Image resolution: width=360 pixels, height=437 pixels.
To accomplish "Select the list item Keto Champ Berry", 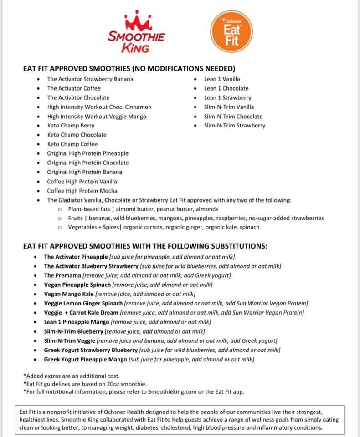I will coord(71,126).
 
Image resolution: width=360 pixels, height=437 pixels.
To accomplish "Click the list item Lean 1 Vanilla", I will coord(222,79).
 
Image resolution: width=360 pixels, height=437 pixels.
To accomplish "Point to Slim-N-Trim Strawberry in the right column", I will coord(234,126).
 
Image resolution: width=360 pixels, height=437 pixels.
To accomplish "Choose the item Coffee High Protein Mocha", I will coord(82,191).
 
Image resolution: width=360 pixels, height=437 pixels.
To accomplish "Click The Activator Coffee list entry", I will coord(74,88).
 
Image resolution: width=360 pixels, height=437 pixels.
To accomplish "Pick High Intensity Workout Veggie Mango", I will coord(97,117).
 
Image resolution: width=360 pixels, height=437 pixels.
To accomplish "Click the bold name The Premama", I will coord(62,275).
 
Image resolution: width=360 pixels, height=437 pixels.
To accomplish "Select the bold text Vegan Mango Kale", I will coord(68,294).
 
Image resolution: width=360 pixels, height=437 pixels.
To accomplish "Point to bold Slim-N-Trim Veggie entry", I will coord(69,340).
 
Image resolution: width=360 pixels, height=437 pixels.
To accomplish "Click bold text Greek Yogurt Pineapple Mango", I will coord(85,359).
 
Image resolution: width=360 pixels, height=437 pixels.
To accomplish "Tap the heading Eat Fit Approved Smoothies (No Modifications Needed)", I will coord(129,69).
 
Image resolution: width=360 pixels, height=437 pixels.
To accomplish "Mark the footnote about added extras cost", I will coord(71,376).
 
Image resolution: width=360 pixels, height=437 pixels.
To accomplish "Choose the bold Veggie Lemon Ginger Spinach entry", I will coord(83,303).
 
